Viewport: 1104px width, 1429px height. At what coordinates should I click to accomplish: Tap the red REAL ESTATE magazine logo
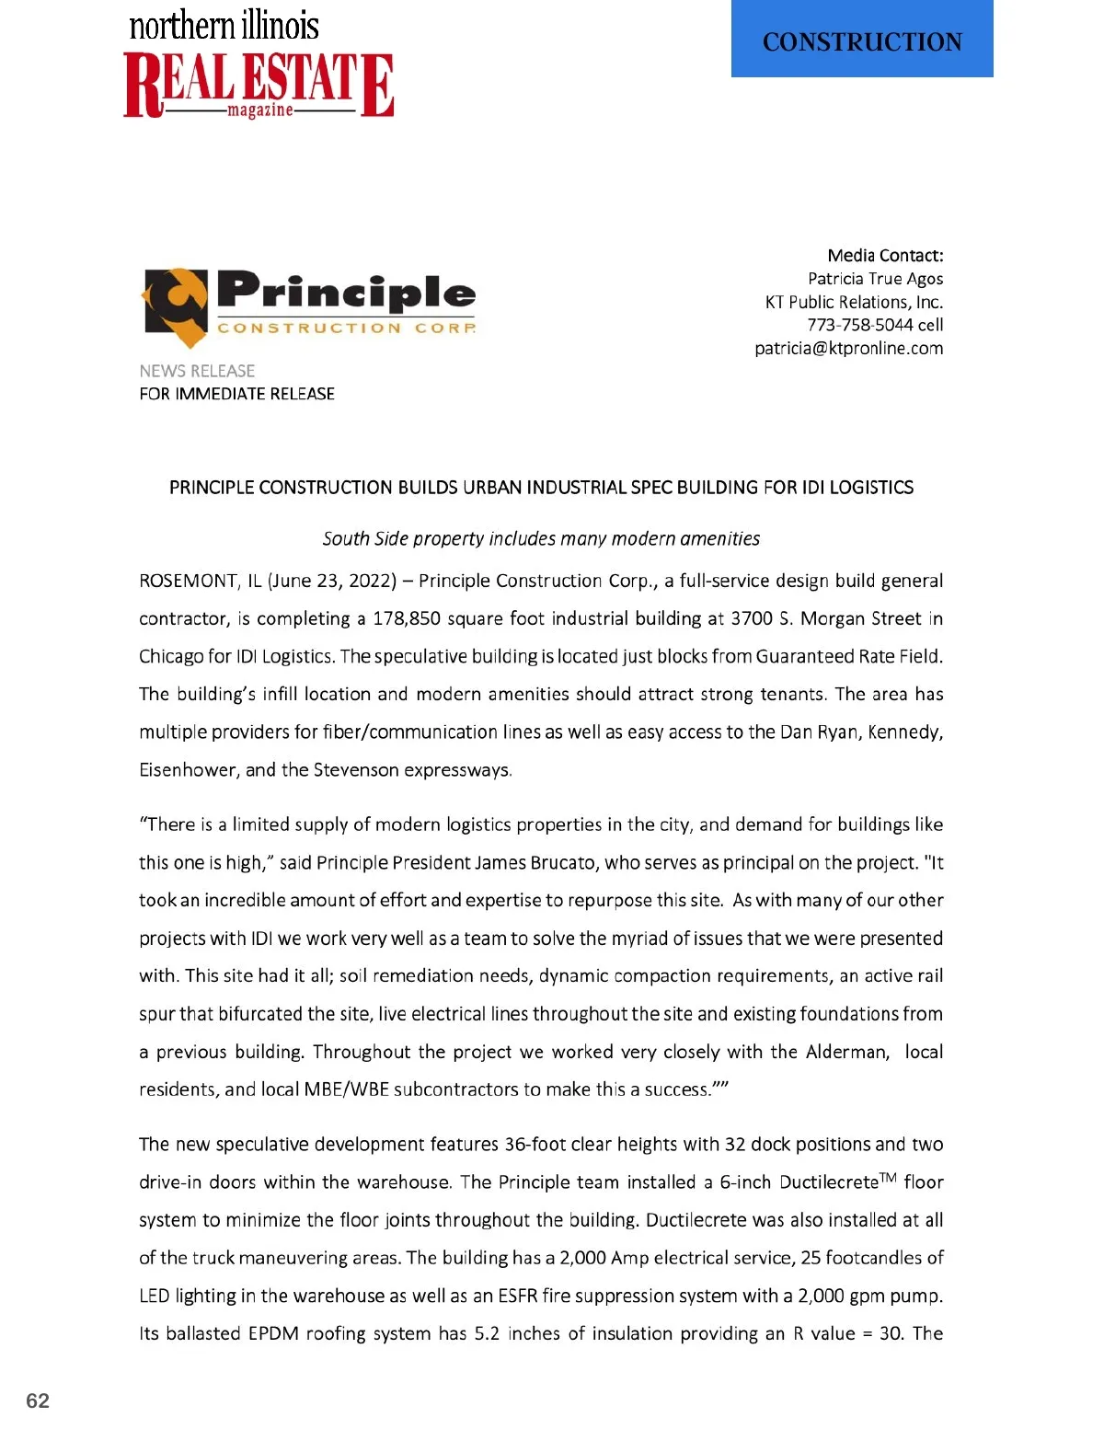coord(259,85)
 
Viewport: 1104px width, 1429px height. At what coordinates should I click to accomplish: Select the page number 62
coord(38,1400)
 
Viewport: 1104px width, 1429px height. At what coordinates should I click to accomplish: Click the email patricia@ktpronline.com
coord(848,349)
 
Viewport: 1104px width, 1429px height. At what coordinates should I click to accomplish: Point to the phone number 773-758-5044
coord(860,325)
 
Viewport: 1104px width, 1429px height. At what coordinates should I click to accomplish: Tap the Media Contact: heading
coord(885,256)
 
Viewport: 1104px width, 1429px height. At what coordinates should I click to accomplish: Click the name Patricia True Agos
coord(875,279)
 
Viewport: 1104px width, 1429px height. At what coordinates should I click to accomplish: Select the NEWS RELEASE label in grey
coord(197,371)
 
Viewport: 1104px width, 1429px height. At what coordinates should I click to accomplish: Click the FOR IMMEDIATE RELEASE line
coord(236,394)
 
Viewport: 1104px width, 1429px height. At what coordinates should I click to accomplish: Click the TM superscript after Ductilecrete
coord(888,1178)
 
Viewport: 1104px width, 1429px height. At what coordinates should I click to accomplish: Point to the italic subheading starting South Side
coord(541,538)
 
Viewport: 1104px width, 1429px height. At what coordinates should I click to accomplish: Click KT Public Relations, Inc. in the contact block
coord(854,302)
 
